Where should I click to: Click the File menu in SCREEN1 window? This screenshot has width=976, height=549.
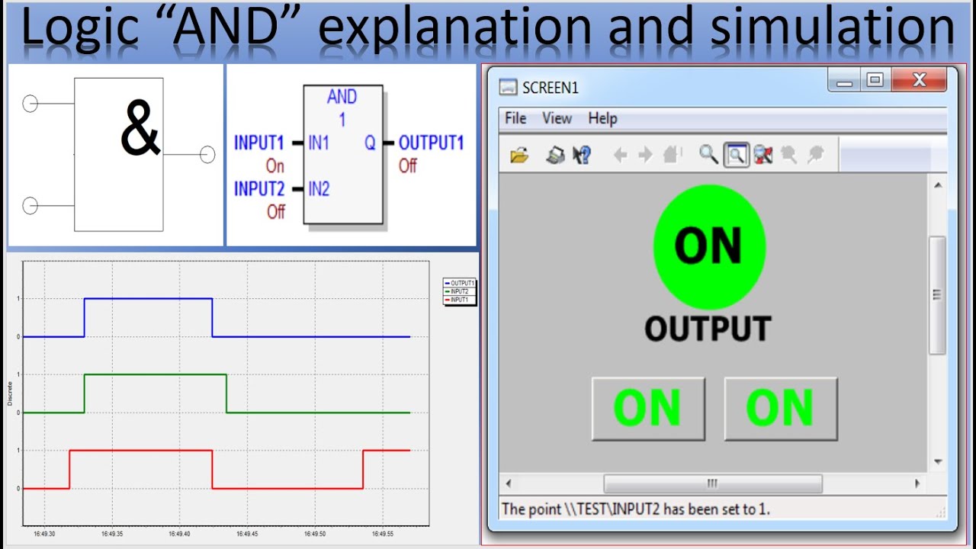point(515,118)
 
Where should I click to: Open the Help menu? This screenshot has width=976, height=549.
point(602,118)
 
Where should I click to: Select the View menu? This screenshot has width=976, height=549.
point(557,118)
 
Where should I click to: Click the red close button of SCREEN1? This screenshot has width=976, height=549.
point(919,79)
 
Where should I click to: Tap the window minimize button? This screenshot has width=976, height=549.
point(845,80)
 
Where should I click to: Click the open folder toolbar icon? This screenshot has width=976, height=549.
point(519,156)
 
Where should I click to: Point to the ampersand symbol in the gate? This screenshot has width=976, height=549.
point(141,131)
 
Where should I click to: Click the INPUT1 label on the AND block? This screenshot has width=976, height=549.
point(258,143)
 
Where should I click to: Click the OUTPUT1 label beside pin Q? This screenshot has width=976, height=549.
point(431,143)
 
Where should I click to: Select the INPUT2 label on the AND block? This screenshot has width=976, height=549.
point(258,189)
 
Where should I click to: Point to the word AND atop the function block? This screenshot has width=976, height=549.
point(342,97)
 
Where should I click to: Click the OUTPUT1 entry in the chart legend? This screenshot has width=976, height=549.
point(462,283)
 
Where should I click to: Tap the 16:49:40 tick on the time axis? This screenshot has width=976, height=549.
point(180,534)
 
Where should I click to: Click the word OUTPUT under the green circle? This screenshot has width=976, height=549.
point(708,329)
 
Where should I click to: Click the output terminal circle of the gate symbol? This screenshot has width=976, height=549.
point(207,155)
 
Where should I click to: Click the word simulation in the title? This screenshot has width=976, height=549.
point(833,29)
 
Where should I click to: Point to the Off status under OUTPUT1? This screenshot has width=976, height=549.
point(408,165)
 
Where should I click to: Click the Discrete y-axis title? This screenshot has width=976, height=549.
point(10,394)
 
